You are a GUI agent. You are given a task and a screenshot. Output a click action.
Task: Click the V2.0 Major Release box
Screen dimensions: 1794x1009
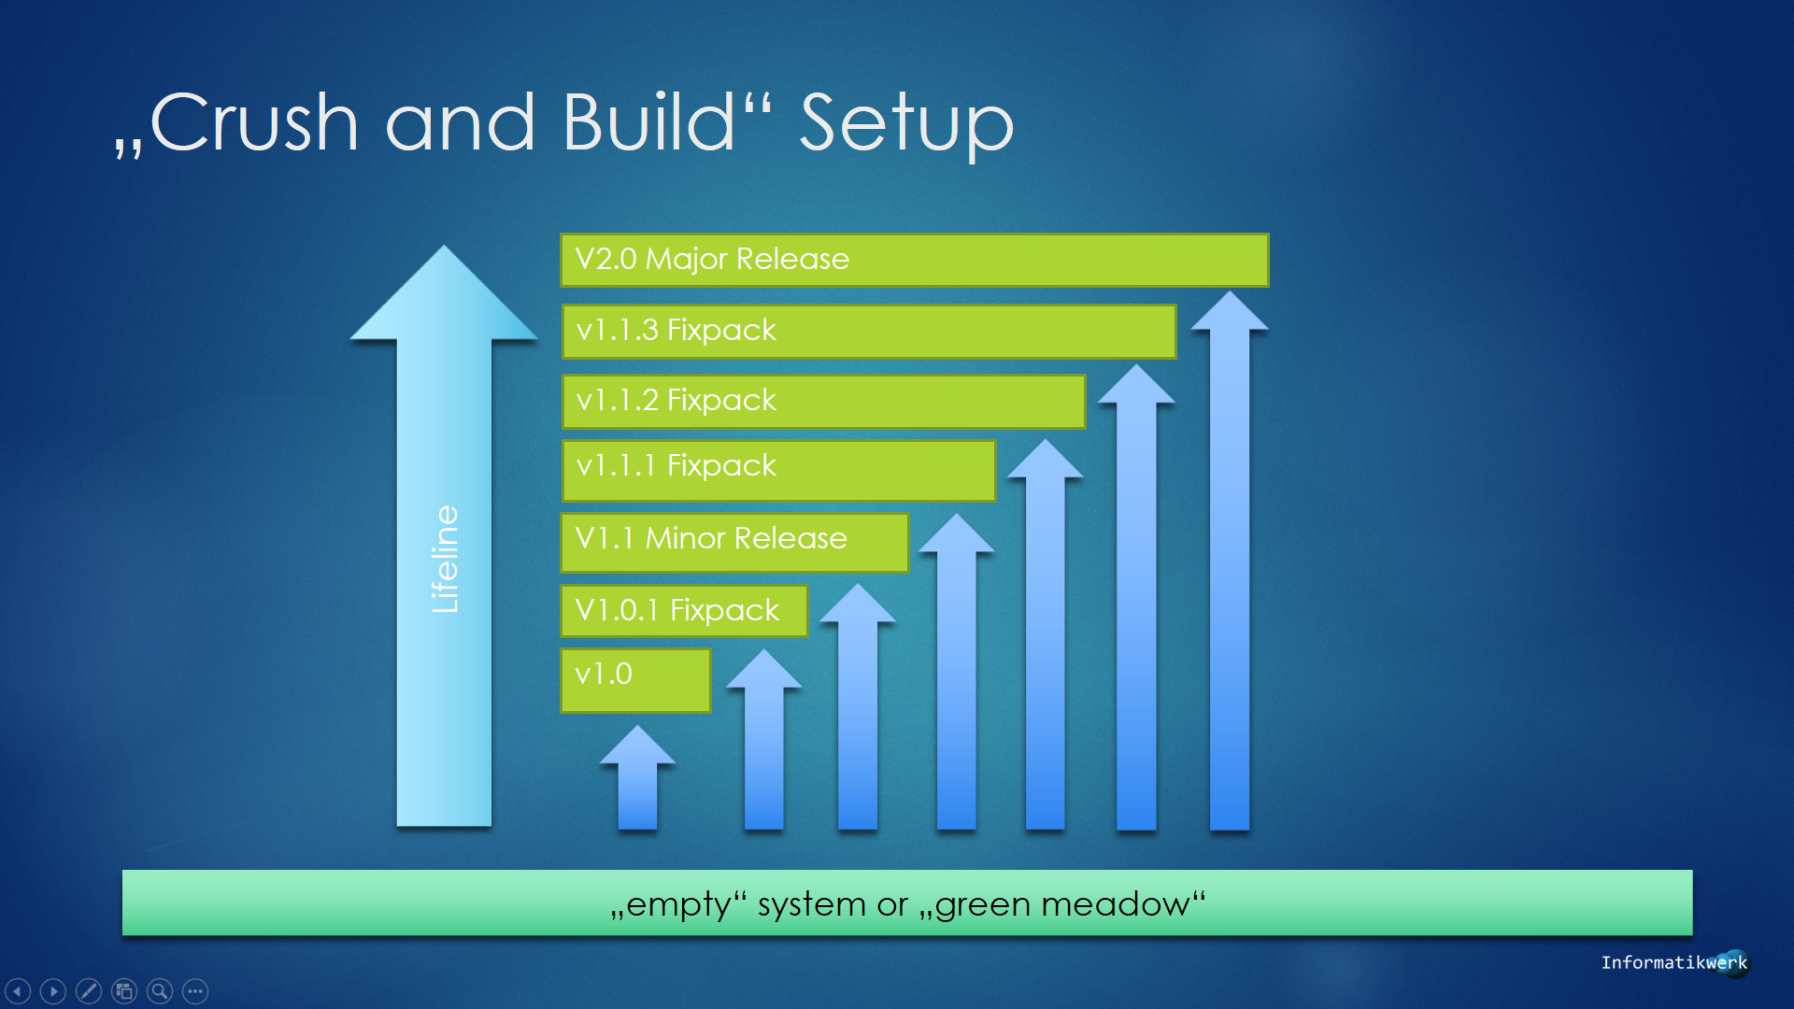[x=914, y=260]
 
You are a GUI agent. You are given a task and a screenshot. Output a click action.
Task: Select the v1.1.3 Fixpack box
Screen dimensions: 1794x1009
[x=869, y=331]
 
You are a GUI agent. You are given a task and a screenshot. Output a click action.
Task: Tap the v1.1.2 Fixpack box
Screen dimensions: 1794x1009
[x=823, y=401]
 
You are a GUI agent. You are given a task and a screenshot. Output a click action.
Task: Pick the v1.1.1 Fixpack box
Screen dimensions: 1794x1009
[x=778, y=470]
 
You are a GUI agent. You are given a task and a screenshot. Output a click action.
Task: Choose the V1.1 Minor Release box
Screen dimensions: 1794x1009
[x=734, y=542]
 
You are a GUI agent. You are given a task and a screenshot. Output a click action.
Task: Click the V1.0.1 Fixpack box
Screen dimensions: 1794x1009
[x=684, y=611]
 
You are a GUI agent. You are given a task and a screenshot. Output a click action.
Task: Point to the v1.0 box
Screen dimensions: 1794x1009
[x=635, y=680]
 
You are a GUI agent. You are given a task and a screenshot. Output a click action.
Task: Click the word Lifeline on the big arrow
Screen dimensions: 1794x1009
[x=445, y=559]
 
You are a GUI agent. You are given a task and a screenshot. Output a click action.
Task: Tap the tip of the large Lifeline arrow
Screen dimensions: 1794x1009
[x=444, y=246]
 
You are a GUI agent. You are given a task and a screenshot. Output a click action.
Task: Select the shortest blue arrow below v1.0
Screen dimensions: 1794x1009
[x=637, y=777]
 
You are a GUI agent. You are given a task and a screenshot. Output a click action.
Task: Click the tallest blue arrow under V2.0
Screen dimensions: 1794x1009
[x=1230, y=561]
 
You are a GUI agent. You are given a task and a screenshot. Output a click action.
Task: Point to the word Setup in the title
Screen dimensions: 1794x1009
[x=906, y=128]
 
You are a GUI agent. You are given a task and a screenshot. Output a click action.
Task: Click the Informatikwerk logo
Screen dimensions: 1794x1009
[x=1674, y=962]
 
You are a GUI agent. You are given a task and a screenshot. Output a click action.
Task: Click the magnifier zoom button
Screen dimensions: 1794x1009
[x=160, y=990]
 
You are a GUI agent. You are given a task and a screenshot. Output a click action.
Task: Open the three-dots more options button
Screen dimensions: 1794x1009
[x=195, y=990]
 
